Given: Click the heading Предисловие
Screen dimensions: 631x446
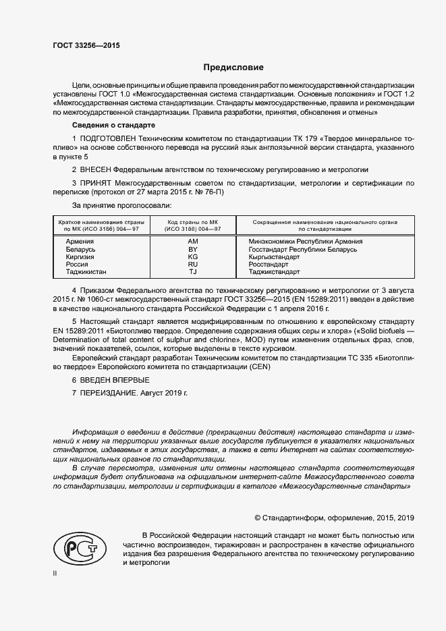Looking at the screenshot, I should (233, 67).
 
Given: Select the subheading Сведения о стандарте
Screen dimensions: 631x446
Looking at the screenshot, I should (113, 126).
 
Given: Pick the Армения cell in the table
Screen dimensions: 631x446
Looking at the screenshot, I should (72, 241).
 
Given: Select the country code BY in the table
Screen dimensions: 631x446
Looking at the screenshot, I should (192, 249).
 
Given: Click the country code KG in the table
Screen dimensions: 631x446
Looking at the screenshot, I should (192, 257).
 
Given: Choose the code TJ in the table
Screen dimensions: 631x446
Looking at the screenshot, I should (192, 272).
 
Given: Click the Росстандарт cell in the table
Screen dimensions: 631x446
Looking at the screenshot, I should (269, 265).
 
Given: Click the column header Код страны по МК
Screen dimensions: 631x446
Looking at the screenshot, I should (192, 222).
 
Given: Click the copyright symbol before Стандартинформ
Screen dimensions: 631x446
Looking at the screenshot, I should (258, 518).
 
